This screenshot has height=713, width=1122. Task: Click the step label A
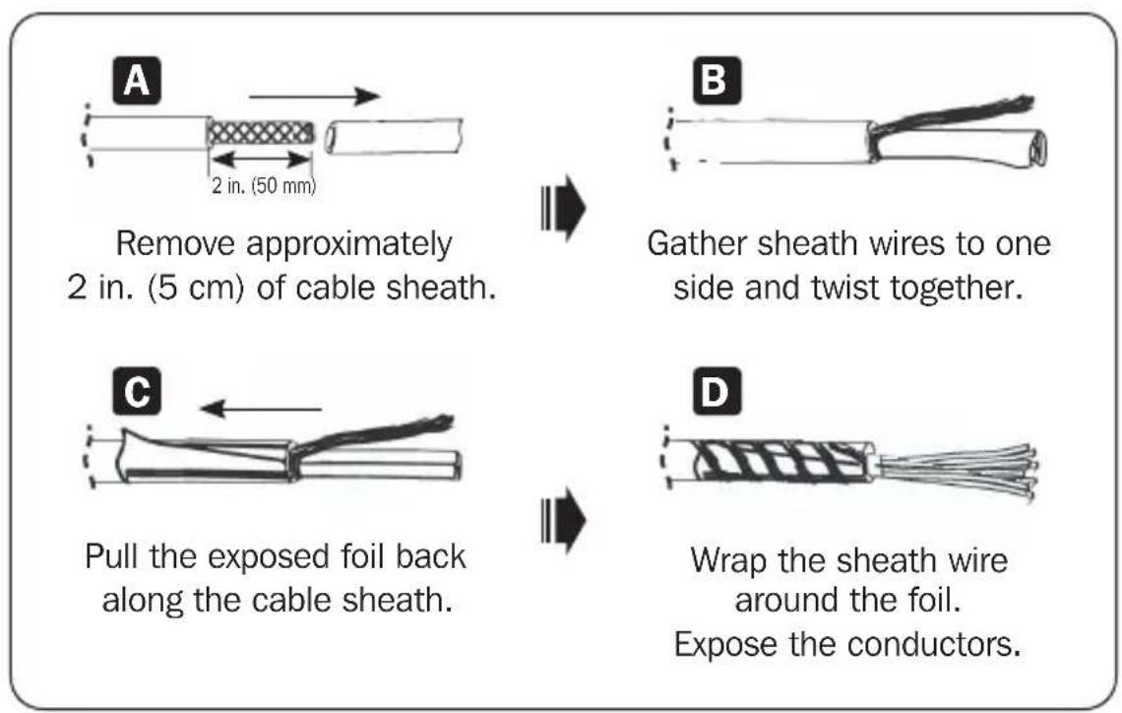(137, 81)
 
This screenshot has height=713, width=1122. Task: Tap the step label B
(717, 80)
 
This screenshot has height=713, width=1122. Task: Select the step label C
(137, 392)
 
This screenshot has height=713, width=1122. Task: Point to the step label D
(717, 392)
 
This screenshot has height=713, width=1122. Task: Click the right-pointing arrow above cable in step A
(313, 96)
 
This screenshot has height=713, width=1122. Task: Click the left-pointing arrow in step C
(261, 409)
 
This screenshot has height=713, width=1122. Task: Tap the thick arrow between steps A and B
(563, 208)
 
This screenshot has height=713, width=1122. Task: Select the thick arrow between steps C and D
(563, 520)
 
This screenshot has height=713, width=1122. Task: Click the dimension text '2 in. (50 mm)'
(264, 186)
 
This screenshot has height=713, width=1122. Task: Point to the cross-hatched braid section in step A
(261, 133)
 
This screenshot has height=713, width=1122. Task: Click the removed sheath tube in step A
(394, 135)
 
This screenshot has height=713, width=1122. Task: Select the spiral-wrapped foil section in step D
(782, 459)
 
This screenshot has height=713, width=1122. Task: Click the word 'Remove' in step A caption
(175, 243)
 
